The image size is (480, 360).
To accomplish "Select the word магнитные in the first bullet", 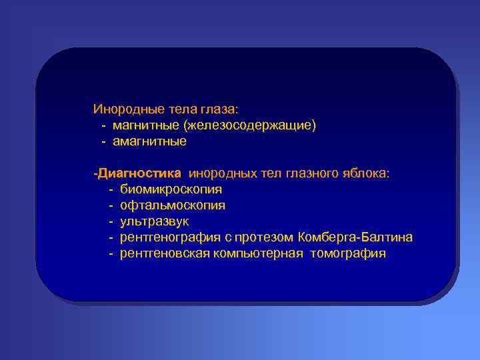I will click(145, 125).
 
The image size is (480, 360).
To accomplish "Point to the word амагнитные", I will click(149, 141).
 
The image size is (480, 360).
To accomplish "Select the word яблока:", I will click(368, 173).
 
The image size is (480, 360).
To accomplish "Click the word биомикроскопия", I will click(171, 189).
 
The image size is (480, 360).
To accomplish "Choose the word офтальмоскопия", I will click(172, 205).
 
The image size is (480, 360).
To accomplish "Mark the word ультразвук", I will click(155, 221).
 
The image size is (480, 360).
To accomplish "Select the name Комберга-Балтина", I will click(356, 237).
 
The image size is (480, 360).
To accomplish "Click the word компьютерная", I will click(259, 253).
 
